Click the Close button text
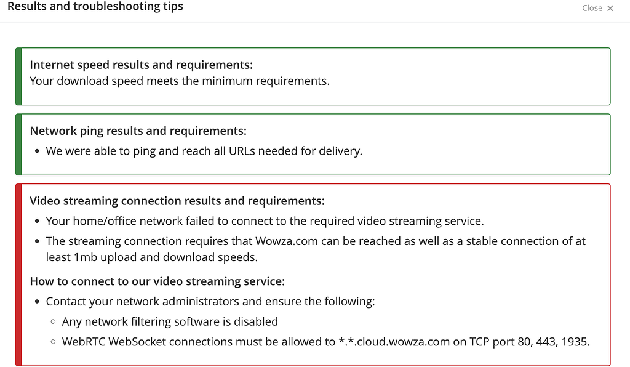[x=592, y=8]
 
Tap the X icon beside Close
[x=610, y=8]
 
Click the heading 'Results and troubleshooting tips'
[x=95, y=6]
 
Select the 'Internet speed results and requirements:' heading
[x=142, y=65]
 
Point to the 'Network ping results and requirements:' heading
[x=138, y=131]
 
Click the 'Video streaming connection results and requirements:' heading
[x=177, y=201]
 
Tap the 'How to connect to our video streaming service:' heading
[x=157, y=281]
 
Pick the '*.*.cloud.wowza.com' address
[x=394, y=342]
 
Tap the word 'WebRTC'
[x=83, y=342]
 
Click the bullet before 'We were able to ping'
[x=38, y=151]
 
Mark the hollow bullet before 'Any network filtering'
[x=53, y=321]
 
